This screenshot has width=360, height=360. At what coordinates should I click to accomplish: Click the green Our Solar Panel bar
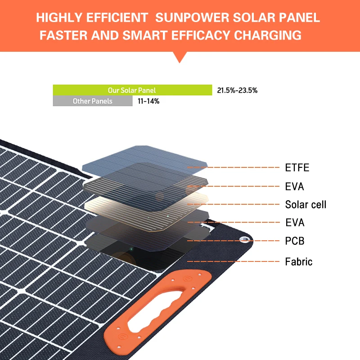coord(132,90)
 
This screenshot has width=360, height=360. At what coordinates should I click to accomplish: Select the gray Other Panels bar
coord(93,101)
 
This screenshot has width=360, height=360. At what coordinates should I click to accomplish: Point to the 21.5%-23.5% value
coord(237,90)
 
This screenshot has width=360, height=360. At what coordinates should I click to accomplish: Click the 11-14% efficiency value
coord(148,101)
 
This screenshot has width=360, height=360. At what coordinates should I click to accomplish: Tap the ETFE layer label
coord(297,168)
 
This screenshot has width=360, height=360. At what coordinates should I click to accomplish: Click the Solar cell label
coord(306,205)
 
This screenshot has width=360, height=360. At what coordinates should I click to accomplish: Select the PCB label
coord(295,241)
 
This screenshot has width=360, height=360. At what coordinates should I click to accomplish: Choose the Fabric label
coord(298,261)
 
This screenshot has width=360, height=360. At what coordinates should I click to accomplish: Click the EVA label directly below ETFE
coord(295,186)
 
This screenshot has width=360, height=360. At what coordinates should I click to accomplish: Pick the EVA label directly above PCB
coord(295,222)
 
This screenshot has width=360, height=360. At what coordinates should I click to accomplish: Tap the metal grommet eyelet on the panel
coord(244,239)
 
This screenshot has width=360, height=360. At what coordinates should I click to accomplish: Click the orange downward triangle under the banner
coord(180,57)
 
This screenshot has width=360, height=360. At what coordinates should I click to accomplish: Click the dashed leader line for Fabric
coord(234,261)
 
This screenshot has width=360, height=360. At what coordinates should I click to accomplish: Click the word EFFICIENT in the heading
coord(120,18)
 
